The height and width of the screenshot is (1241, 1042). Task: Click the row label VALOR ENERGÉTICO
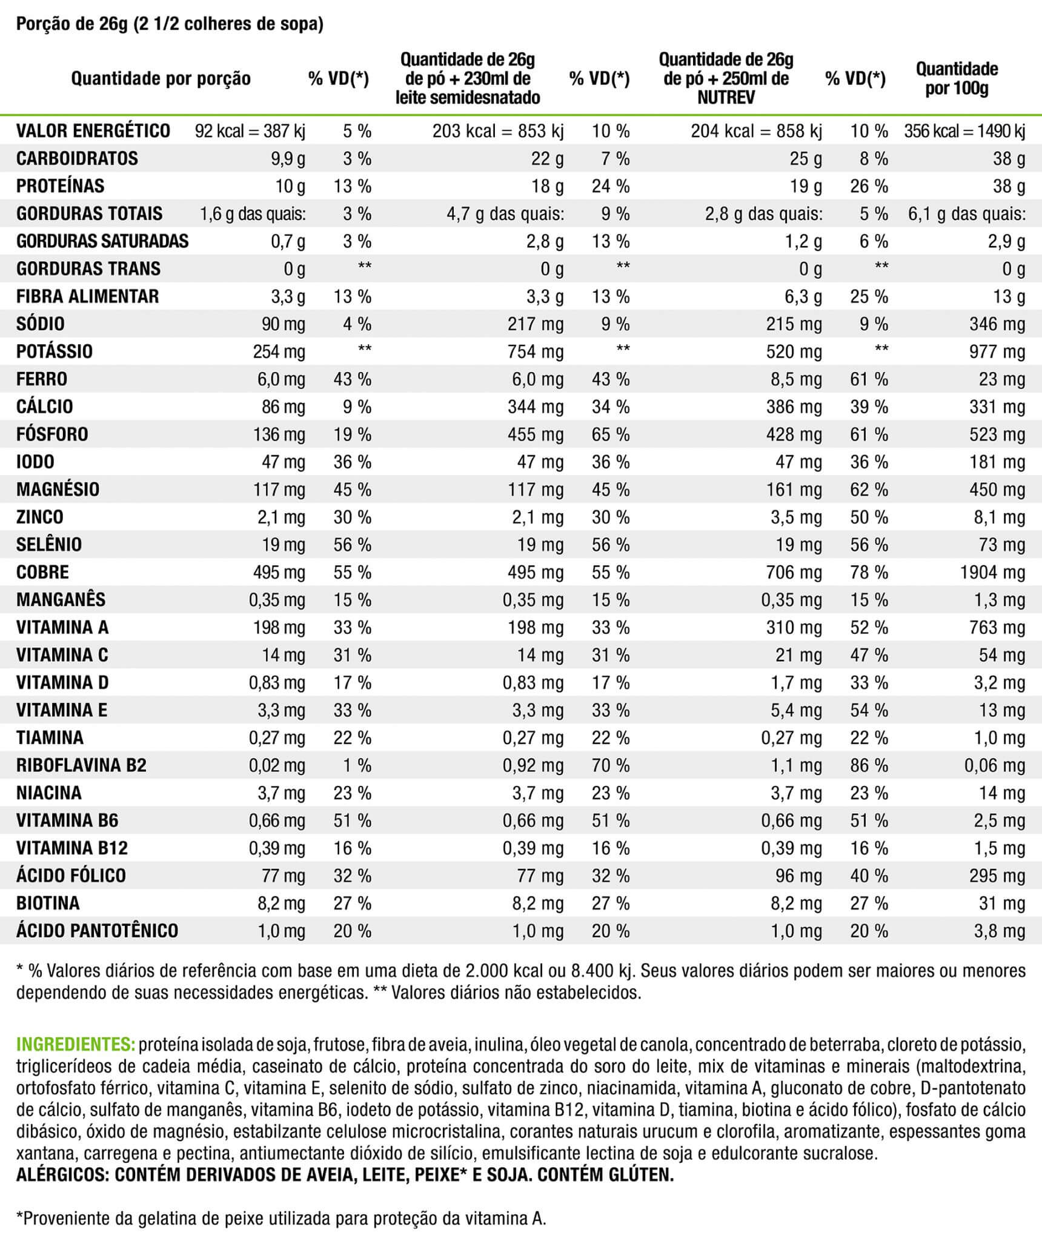coord(93,131)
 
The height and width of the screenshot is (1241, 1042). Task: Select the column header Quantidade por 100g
coord(957,78)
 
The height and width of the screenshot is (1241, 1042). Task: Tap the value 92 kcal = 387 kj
coord(250,131)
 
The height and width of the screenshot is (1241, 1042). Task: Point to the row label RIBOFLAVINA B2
coord(81,765)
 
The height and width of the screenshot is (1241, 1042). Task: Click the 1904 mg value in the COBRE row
coord(992,573)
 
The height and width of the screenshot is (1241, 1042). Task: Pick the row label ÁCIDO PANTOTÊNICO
coord(97,931)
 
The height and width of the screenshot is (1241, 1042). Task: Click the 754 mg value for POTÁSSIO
coord(536,352)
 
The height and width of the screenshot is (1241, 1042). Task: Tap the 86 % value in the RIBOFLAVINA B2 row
coord(869,765)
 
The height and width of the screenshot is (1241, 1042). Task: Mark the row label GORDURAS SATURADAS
coord(102,241)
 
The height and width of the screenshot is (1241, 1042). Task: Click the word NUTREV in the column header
coord(726,98)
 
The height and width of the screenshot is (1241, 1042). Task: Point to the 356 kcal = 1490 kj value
coord(964,131)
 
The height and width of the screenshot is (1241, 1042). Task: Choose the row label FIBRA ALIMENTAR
coord(87,296)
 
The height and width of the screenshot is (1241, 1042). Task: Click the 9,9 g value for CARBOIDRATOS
coord(288,159)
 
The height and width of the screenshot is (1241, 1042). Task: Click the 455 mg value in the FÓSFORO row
coord(536,434)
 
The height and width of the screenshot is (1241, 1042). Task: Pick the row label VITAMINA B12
coord(72,848)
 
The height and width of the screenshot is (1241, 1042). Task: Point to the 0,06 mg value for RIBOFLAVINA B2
coord(995,765)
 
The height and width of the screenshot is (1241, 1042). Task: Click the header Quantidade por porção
coord(161,79)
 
